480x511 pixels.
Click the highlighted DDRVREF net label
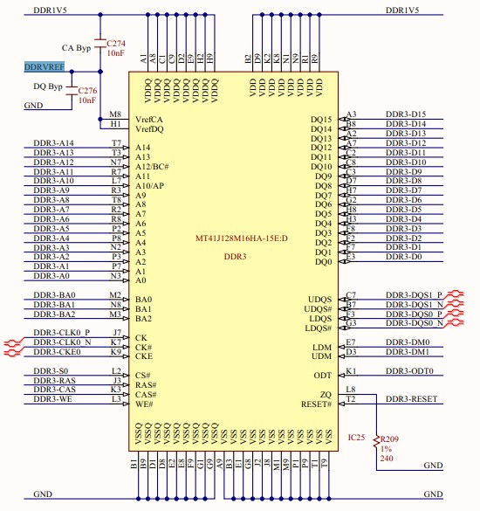[45, 66]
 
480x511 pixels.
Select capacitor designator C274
[116, 44]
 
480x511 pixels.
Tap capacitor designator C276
[87, 90]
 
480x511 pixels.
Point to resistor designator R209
[389, 439]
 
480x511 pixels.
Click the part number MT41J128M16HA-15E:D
[242, 238]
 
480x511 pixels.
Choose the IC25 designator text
[356, 438]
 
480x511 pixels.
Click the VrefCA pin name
[149, 120]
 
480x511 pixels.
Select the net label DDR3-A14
[54, 142]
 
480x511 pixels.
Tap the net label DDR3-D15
[406, 114]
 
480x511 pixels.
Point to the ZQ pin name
[326, 395]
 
